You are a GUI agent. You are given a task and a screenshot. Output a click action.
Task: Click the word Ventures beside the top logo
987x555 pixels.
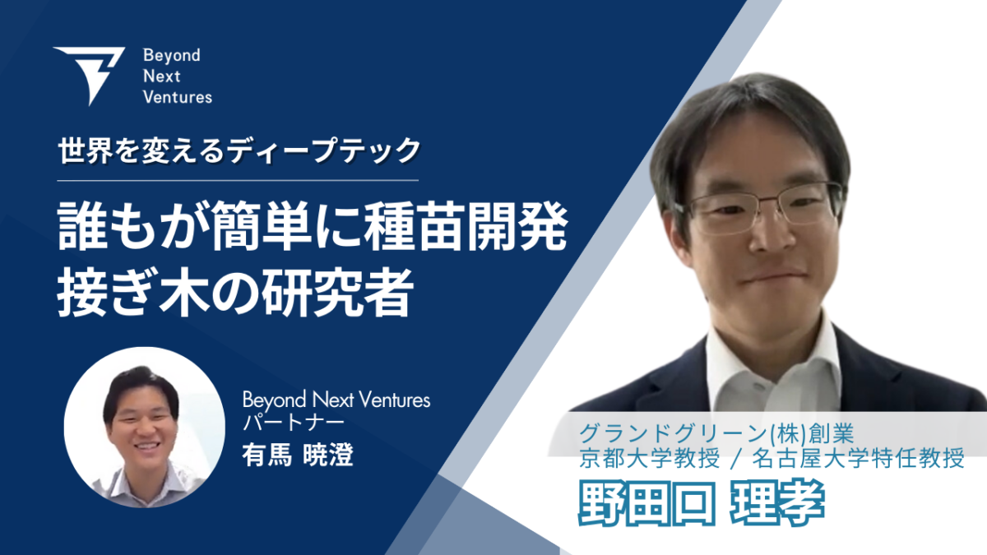(x=178, y=97)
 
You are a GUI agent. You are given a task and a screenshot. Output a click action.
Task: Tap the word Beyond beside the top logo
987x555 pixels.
(x=172, y=56)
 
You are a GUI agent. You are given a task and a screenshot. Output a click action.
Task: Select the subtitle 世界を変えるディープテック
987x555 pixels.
(x=239, y=151)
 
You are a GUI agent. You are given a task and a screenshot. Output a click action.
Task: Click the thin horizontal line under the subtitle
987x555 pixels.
(x=238, y=181)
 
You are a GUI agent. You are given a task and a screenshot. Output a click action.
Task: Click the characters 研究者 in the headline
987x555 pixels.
(x=337, y=293)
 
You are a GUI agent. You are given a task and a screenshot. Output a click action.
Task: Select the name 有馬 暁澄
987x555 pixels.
(x=298, y=455)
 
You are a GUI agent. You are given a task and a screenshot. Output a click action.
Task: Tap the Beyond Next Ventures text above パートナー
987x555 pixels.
(x=336, y=400)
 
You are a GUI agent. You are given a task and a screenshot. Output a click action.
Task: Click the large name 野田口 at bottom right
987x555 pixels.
(x=646, y=503)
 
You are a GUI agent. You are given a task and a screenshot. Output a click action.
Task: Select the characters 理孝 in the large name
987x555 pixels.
(x=778, y=503)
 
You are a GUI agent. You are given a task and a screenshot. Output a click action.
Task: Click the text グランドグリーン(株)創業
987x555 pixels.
(x=717, y=433)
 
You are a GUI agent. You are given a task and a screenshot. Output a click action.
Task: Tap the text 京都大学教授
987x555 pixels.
(x=650, y=458)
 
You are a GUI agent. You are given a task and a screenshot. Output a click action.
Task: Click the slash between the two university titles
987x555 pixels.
(x=735, y=458)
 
